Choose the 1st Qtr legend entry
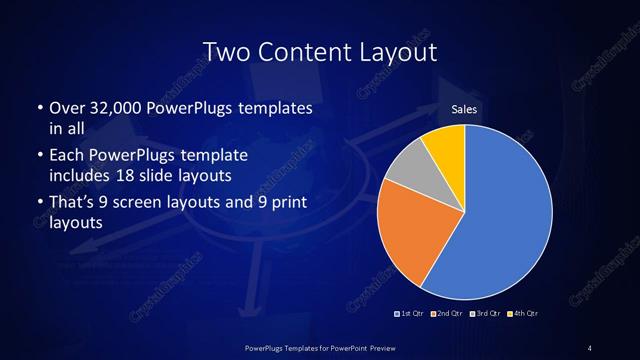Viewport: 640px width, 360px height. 410,314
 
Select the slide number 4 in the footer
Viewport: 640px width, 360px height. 590,347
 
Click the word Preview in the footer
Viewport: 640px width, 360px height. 384,347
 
